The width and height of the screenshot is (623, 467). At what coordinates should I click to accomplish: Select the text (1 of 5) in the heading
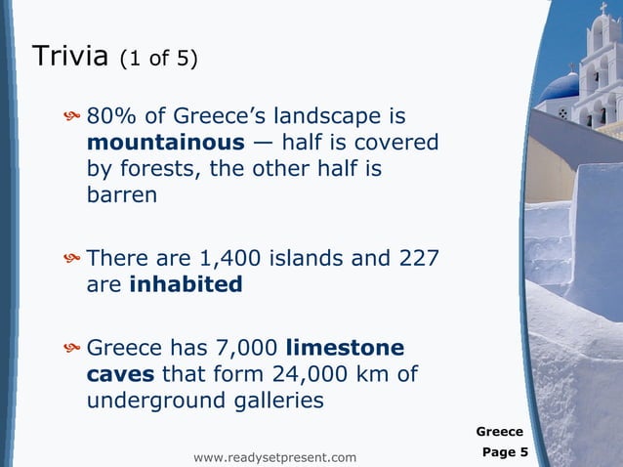point(158,59)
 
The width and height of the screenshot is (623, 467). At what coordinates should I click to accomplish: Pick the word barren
point(122,194)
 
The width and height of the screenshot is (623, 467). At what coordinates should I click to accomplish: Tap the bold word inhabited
point(186,284)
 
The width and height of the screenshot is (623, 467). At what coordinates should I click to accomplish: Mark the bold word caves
point(121,374)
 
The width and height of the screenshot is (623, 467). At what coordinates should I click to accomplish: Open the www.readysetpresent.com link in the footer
point(275,457)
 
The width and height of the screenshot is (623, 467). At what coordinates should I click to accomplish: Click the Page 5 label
point(505,452)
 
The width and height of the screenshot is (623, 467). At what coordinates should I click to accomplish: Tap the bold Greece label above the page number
point(499,431)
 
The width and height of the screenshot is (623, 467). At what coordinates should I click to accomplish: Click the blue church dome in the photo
point(560,87)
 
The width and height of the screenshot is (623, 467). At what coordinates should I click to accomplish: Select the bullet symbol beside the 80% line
point(70,119)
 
